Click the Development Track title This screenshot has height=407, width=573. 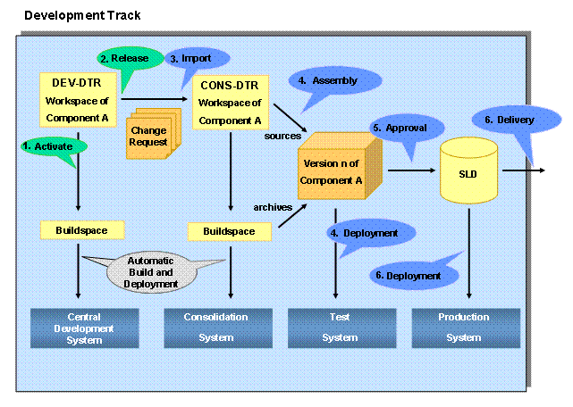(x=81, y=16)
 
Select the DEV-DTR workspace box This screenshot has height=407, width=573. (x=79, y=100)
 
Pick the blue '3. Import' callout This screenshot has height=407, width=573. (x=196, y=59)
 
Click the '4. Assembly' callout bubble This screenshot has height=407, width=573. (x=333, y=82)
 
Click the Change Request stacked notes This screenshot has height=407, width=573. (x=149, y=135)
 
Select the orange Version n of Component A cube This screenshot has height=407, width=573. (x=333, y=169)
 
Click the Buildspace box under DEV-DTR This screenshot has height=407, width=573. (x=80, y=230)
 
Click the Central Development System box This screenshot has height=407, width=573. (x=85, y=327)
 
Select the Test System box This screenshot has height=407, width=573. (x=340, y=327)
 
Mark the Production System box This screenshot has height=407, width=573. (x=464, y=327)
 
